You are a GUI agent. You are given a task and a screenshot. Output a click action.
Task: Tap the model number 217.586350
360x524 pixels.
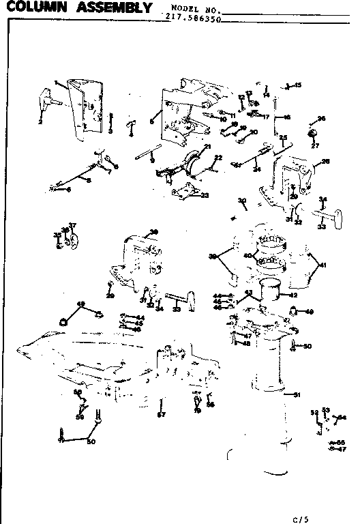click(x=193, y=19)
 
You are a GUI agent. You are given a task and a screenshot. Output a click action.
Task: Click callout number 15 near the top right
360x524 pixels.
click(x=297, y=85)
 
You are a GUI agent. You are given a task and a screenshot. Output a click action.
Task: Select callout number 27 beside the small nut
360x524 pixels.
click(x=314, y=145)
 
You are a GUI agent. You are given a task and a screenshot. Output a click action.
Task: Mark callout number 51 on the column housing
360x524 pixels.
click(x=297, y=394)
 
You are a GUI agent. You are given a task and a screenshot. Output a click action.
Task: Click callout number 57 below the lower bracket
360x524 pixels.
click(x=162, y=414)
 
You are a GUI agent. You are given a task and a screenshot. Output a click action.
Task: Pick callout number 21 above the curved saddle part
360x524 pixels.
click(x=207, y=147)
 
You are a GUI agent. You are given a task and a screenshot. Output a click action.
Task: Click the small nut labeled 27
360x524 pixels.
click(x=314, y=132)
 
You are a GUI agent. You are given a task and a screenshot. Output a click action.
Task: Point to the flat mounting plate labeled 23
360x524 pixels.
click(x=184, y=192)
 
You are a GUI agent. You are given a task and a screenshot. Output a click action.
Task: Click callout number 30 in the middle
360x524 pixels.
click(x=241, y=200)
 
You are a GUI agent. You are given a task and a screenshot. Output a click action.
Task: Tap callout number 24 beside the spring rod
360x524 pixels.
click(x=256, y=169)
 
